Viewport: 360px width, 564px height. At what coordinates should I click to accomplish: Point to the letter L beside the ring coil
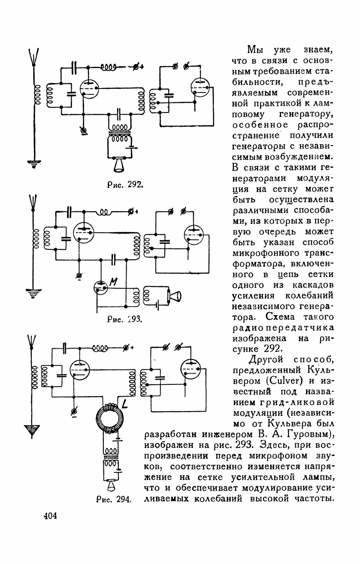coord(124,400)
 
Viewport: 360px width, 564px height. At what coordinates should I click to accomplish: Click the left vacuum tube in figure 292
coord(89,87)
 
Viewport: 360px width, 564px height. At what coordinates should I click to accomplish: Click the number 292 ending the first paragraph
coord(260,349)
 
